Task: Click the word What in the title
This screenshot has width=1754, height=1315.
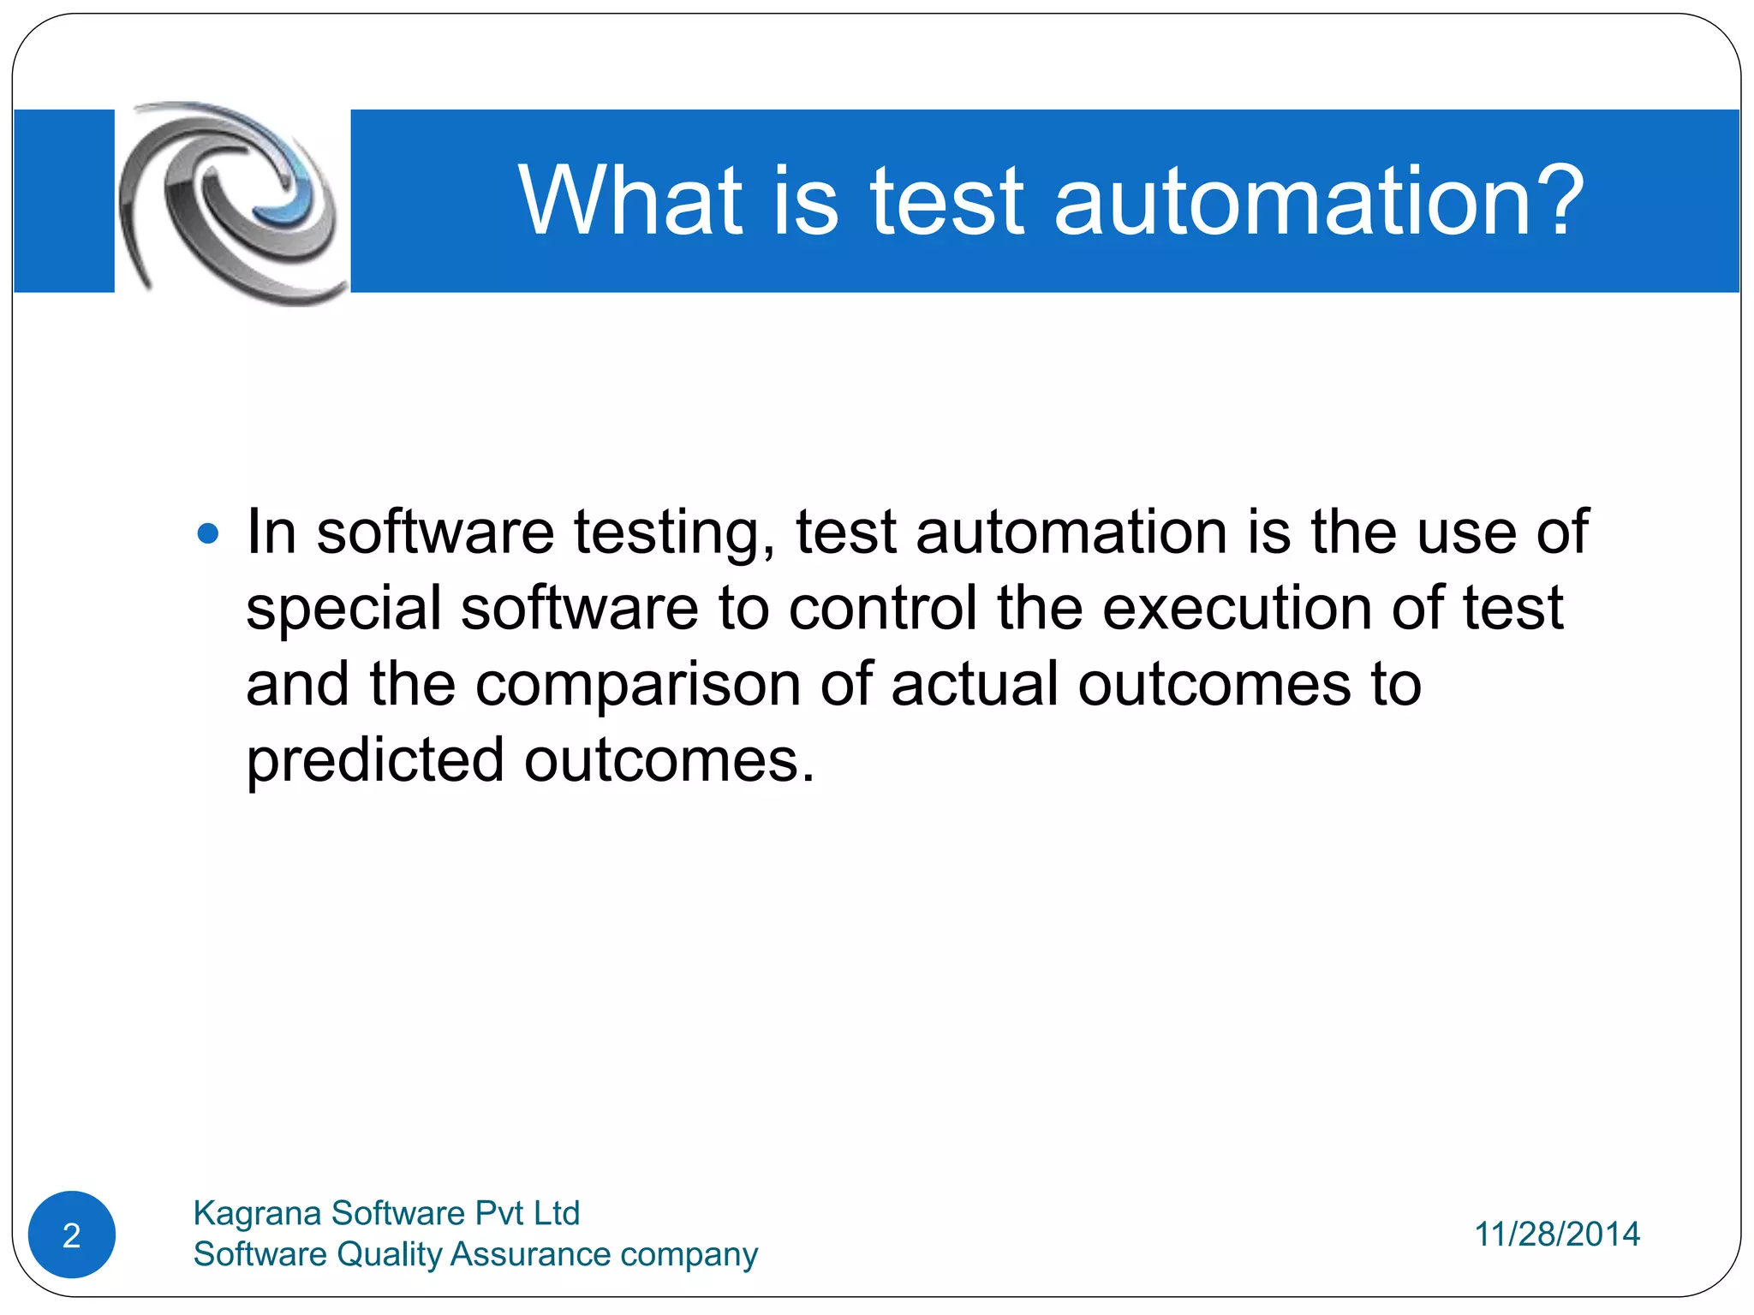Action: pos(630,201)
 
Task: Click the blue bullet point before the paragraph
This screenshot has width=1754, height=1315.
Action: pos(208,535)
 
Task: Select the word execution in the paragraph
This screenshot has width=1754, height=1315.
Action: pos(1237,609)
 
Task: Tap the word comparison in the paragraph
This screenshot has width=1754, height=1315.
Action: pos(637,685)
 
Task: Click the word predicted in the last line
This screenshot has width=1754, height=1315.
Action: pos(375,761)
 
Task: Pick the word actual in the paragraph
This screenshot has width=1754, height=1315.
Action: pos(975,685)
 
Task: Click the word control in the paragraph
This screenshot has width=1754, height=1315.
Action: pos(882,609)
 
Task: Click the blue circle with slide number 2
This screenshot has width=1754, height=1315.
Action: pos(72,1235)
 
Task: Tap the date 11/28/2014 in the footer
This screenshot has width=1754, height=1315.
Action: pos(1556,1235)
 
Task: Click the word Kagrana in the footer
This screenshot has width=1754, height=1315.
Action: pos(257,1214)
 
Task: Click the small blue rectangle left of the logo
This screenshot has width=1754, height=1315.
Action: pos(64,201)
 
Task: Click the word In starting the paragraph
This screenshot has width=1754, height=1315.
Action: pos(271,533)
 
